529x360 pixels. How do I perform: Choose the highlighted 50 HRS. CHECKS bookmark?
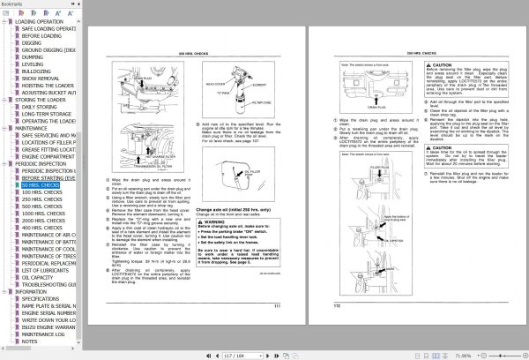click(x=40, y=185)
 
